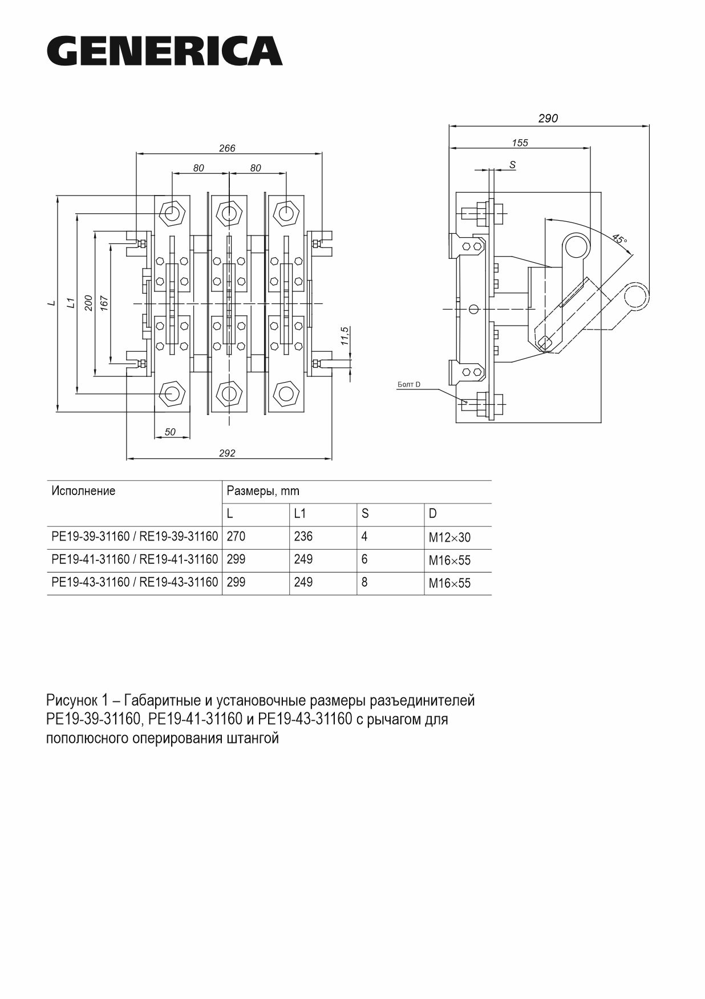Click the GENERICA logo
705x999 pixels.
(x=164, y=52)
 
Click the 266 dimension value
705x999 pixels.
(x=227, y=148)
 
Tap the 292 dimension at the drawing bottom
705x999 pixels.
(x=227, y=453)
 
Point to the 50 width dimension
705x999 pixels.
(x=170, y=432)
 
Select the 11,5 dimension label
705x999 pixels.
(x=344, y=337)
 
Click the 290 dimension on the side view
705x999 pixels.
(x=548, y=119)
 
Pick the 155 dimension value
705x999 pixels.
(x=520, y=143)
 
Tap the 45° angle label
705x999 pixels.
(x=619, y=239)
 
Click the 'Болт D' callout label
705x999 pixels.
(x=408, y=385)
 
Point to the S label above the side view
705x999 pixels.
(x=512, y=165)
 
